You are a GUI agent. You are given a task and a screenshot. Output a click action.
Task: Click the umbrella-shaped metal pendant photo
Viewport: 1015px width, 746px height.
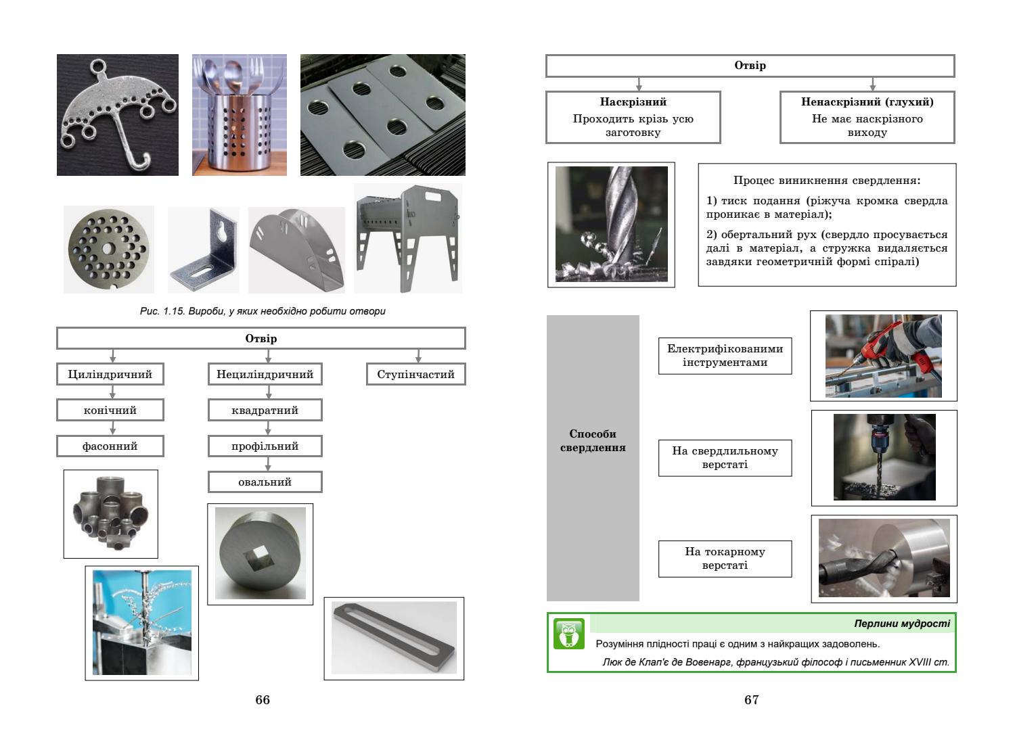point(117,114)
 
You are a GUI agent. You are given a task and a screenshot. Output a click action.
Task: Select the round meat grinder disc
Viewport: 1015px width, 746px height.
point(108,249)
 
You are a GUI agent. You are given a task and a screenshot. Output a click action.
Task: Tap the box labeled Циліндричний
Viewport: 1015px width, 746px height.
point(110,374)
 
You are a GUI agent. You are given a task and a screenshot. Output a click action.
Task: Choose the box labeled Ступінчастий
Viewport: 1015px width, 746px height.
point(415,374)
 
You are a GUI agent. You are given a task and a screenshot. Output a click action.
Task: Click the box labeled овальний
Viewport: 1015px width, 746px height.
point(265,482)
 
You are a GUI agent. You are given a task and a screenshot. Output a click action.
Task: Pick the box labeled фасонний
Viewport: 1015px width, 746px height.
point(110,446)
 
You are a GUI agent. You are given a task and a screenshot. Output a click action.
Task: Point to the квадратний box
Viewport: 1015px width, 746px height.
point(265,410)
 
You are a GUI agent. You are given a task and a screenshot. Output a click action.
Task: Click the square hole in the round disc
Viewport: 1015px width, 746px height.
point(258,557)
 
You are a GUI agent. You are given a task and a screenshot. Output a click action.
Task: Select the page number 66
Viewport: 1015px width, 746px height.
point(263,700)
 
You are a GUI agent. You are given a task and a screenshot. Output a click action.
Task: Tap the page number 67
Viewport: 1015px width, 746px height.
point(751,700)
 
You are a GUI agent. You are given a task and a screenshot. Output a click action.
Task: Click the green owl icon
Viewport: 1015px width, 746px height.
point(568,634)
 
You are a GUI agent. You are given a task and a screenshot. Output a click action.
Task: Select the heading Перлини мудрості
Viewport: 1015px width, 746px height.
point(902,624)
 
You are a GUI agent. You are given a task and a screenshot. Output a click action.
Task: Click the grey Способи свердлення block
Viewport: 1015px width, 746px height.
point(593,458)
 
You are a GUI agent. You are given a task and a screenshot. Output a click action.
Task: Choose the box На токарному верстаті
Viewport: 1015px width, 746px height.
point(725,559)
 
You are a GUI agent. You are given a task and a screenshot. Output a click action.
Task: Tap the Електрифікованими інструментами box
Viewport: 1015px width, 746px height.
point(725,356)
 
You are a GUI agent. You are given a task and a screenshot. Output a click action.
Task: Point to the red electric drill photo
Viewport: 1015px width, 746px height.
point(884,356)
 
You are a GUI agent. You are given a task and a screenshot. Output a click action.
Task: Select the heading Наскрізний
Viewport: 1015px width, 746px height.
point(633,102)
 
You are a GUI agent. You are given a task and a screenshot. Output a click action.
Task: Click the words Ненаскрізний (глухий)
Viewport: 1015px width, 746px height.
point(867,102)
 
